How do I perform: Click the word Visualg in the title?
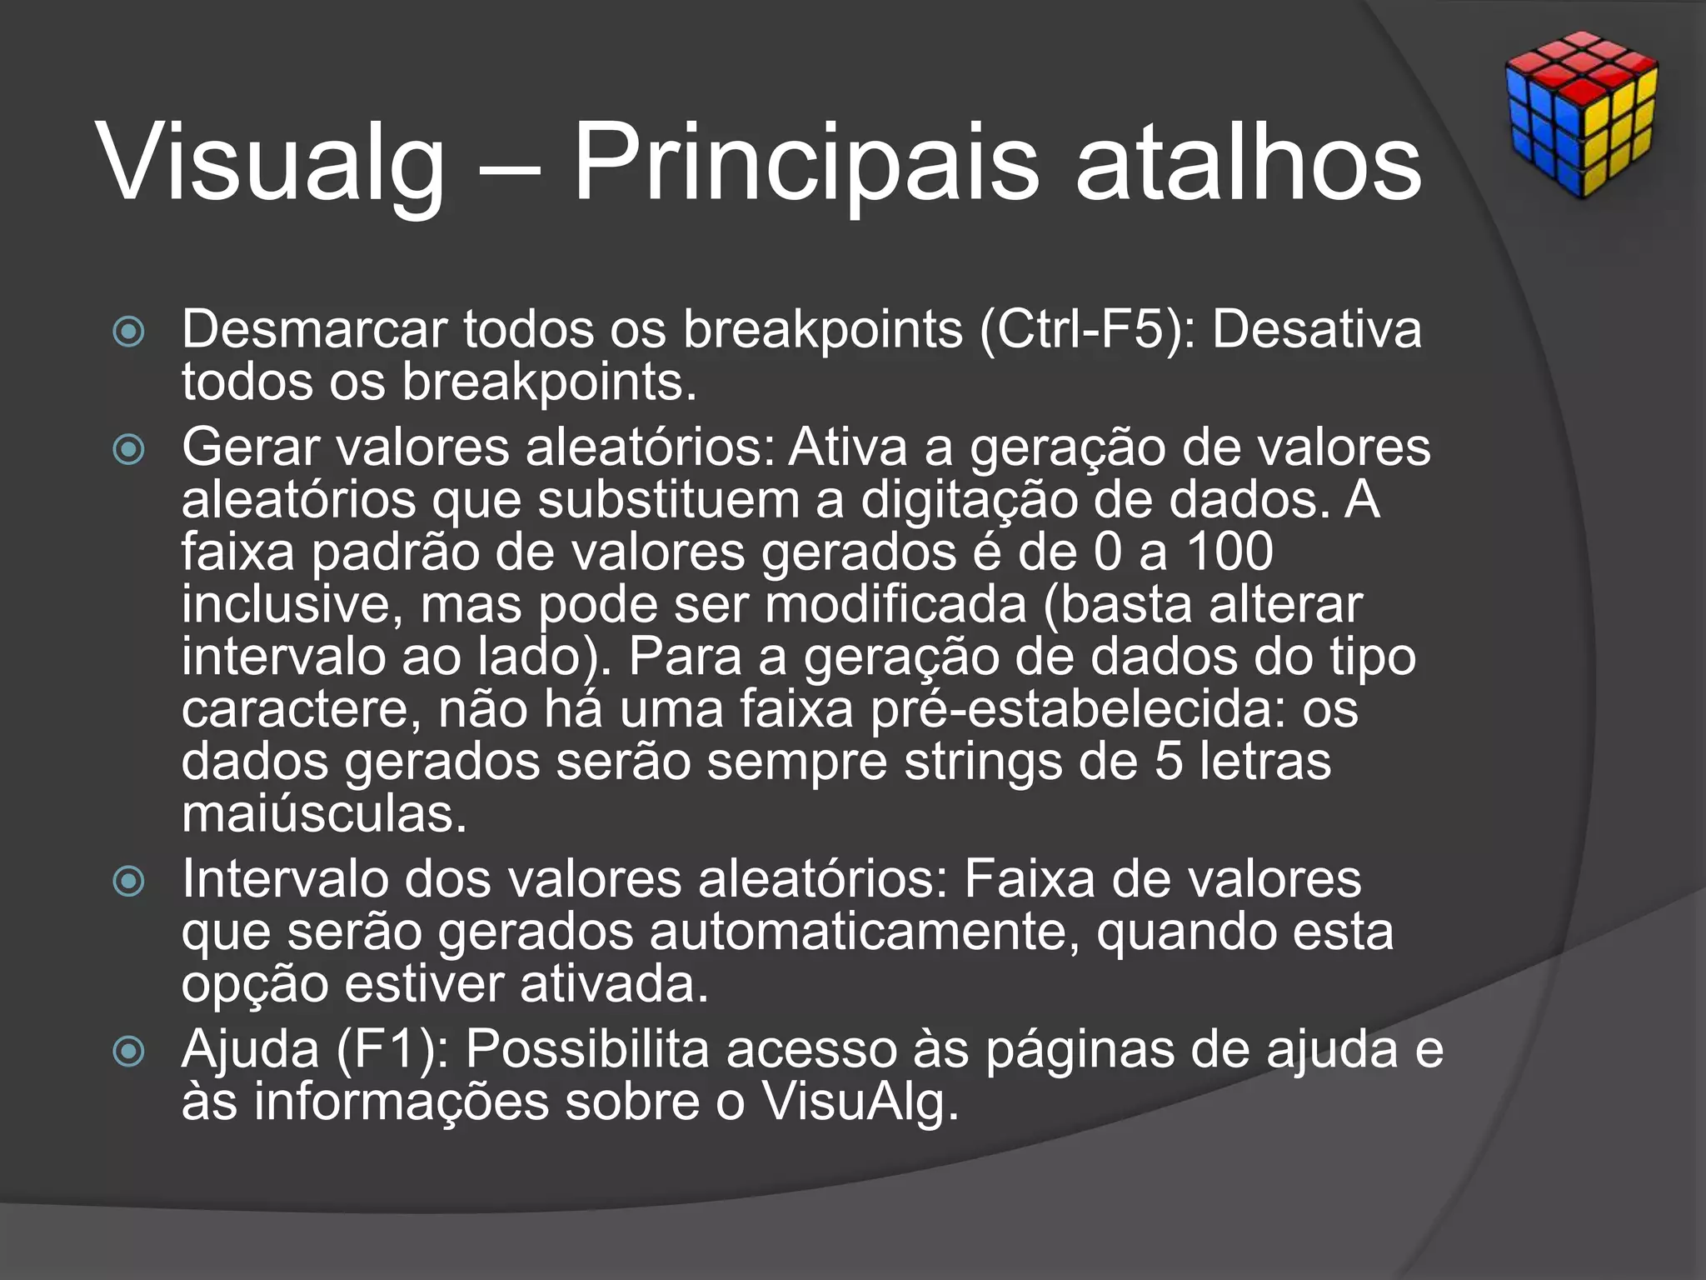click(x=272, y=162)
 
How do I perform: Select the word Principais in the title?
click(x=806, y=162)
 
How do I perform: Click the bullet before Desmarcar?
click(x=128, y=332)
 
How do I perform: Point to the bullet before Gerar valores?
click(x=128, y=450)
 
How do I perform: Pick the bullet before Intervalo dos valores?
click(x=128, y=881)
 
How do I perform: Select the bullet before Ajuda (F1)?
click(x=128, y=1051)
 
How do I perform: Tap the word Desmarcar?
click(x=314, y=330)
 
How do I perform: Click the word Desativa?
click(x=1316, y=330)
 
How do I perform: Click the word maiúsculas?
click(x=324, y=814)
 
